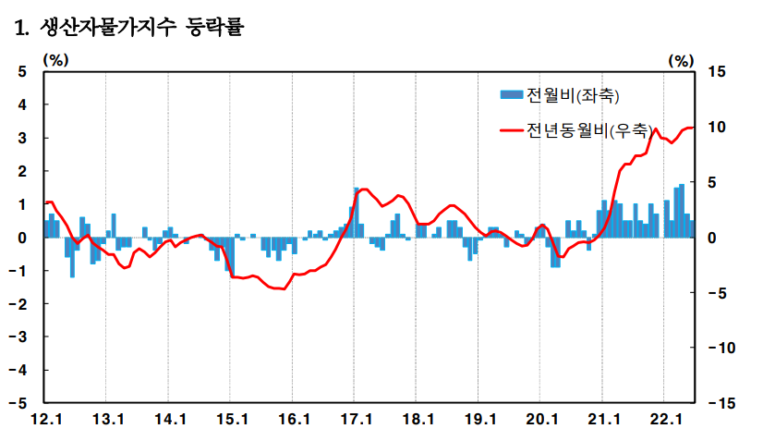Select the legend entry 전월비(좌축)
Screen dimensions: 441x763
pos(573,95)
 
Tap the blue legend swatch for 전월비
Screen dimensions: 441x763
pos(511,95)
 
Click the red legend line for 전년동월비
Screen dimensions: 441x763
pos(511,130)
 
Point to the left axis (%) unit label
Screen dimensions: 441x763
pos(55,60)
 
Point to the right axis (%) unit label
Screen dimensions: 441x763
pos(680,60)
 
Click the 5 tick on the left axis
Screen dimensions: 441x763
pos(22,72)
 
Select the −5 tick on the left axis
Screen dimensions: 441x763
pos(18,403)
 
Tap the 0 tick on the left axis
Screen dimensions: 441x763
pos(22,238)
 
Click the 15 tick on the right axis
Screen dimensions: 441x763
pos(717,72)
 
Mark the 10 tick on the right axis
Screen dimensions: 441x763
pos(717,127)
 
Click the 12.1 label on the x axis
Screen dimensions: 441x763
pos(45,420)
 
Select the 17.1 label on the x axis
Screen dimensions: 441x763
pos(355,420)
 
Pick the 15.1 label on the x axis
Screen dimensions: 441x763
pos(231,420)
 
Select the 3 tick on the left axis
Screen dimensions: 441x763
pos(22,139)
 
